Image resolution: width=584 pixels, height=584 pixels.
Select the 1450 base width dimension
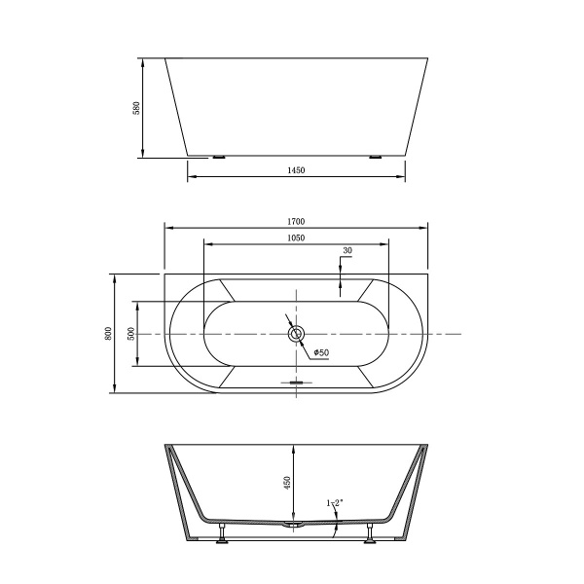(297, 169)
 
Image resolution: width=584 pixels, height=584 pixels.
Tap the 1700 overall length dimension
(297, 221)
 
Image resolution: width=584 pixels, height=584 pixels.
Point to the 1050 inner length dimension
(297, 237)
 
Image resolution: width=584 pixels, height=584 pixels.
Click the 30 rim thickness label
(347, 251)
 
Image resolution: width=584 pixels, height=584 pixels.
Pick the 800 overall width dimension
(107, 333)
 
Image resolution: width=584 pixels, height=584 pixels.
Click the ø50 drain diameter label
(320, 351)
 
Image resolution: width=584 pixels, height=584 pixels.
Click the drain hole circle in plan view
(297, 334)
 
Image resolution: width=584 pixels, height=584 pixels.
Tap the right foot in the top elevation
(375, 156)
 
